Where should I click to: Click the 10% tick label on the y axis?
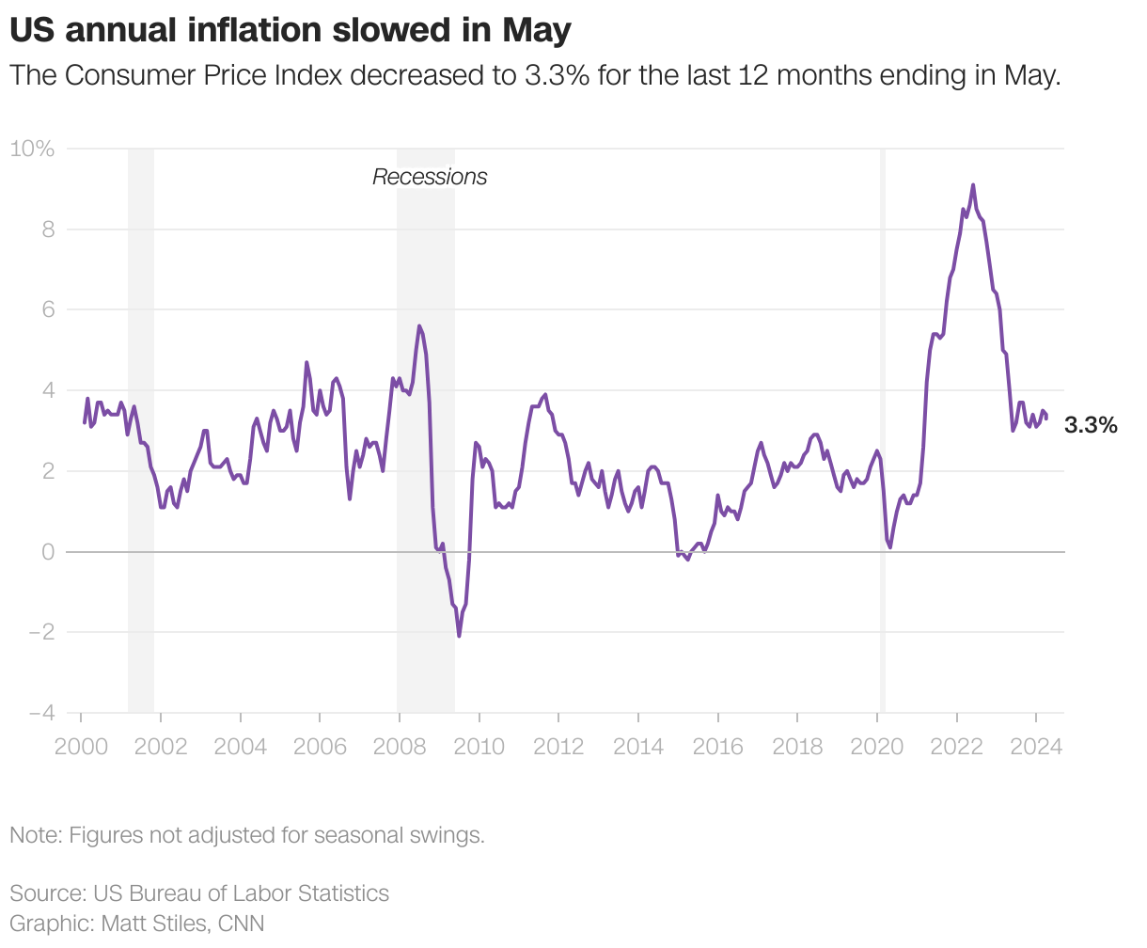click(32, 149)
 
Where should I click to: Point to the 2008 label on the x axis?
click(400, 747)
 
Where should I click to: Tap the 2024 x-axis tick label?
click(1036, 747)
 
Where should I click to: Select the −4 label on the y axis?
click(40, 713)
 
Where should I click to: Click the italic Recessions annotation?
click(430, 177)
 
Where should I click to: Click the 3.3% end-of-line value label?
click(1091, 425)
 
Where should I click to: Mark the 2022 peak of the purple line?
click(973, 185)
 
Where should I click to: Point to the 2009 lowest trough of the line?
click(459, 636)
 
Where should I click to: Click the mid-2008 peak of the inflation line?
click(419, 326)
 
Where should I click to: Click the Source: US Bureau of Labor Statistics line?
click(199, 893)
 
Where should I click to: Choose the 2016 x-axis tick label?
click(717, 747)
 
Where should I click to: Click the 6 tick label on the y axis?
click(47, 309)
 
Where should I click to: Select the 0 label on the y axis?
click(47, 552)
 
